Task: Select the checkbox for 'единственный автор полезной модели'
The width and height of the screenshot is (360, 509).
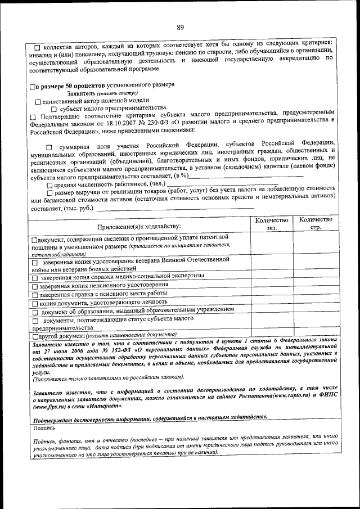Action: [38, 102]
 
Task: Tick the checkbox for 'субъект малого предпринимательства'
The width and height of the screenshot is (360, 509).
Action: [54, 109]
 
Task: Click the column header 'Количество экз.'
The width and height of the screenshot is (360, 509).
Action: [272, 224]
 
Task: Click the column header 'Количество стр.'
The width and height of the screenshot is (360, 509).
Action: [316, 224]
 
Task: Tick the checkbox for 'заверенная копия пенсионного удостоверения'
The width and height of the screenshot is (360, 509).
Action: [35, 286]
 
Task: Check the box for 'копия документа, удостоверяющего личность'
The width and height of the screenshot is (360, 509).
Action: [35, 303]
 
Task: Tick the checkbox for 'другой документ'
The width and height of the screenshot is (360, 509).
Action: [35, 336]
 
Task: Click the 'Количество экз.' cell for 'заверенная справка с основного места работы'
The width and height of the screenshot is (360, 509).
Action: [272, 294]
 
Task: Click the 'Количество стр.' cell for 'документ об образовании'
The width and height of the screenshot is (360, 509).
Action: [316, 311]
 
